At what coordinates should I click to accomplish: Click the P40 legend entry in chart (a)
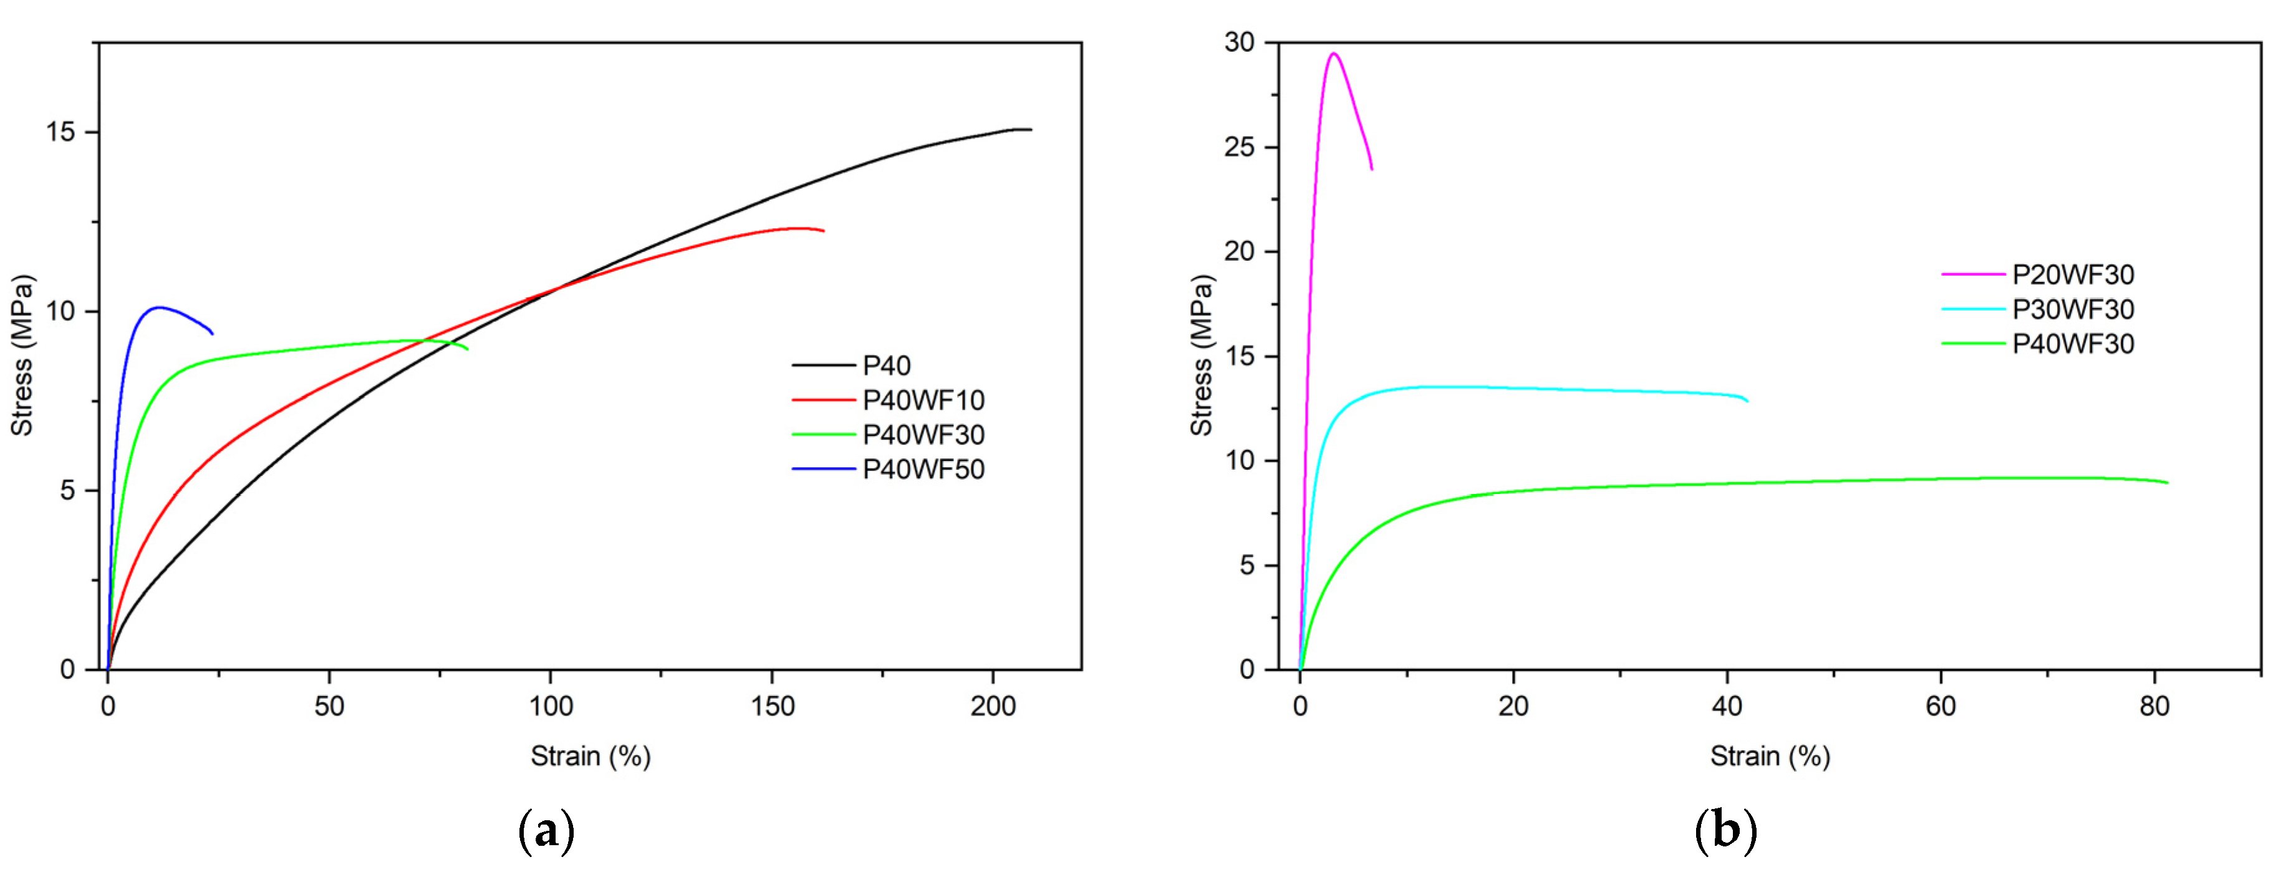[886, 366]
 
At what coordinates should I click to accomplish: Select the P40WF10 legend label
[923, 400]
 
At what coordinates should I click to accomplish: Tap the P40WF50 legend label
[923, 469]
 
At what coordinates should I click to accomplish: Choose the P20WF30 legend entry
[2073, 275]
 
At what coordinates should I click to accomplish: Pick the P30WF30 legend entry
[2073, 309]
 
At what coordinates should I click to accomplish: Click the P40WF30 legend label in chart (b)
[2073, 344]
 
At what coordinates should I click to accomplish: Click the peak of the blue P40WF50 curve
[159, 308]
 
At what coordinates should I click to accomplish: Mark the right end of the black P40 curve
[1030, 130]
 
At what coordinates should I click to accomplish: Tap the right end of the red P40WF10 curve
[824, 231]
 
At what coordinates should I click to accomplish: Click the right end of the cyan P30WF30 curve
[1747, 401]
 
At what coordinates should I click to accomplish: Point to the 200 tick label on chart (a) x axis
[993, 707]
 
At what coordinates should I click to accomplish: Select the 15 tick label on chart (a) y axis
[61, 132]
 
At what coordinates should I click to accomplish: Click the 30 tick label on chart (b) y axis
[1239, 42]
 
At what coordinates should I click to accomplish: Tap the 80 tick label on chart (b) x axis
[2154, 707]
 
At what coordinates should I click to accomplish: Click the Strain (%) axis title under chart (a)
[591, 756]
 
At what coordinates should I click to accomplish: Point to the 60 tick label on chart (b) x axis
[1941, 707]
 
